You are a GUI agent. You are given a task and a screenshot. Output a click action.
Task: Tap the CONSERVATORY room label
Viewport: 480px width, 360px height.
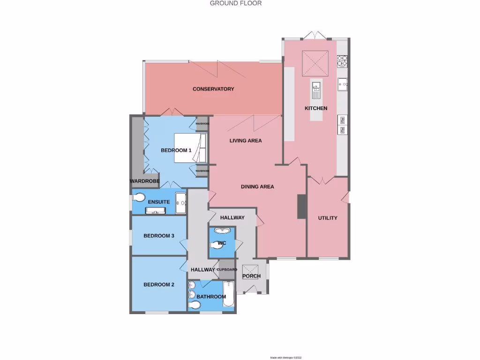coord(213,89)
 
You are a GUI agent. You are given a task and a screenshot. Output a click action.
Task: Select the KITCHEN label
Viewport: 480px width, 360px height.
coord(316,108)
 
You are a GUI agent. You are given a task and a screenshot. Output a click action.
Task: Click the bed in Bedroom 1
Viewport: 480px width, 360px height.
coord(190,148)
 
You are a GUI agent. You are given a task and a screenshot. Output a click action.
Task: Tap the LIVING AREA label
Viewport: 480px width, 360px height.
coord(245,141)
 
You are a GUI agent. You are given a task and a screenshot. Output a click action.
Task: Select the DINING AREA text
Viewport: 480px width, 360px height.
coord(257,187)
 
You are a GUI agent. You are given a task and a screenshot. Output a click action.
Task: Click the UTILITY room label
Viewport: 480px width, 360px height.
coord(328,218)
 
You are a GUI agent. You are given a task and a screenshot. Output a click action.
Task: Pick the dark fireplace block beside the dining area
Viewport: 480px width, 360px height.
coord(301,206)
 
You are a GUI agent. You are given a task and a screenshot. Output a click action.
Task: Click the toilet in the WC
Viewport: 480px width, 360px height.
coord(218,244)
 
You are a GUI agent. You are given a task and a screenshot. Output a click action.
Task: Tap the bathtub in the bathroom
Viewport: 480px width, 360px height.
coord(228,297)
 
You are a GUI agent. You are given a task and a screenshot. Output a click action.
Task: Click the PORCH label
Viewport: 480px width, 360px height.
coord(251,276)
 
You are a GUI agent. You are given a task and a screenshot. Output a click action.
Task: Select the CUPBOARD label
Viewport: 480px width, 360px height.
coord(227,270)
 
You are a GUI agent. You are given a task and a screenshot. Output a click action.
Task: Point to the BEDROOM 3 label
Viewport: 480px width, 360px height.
coord(159,236)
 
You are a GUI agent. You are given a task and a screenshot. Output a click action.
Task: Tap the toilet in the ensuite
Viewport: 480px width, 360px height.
coord(140,197)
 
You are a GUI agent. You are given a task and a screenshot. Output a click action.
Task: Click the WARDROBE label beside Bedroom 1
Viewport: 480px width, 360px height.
coord(145,181)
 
